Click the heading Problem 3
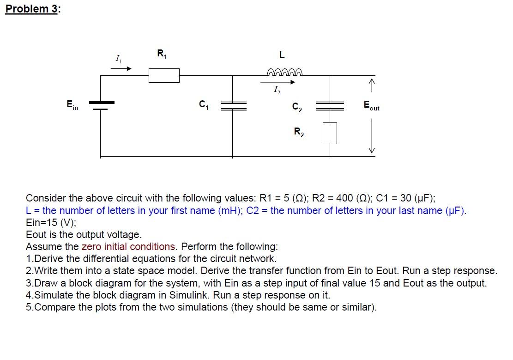point(31,9)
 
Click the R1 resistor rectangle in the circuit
point(164,75)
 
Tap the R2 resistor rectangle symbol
point(330,133)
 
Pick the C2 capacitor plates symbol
point(330,106)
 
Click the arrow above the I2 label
point(278,83)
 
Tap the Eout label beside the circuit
point(371,106)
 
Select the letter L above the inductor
point(282,55)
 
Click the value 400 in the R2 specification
point(344,198)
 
